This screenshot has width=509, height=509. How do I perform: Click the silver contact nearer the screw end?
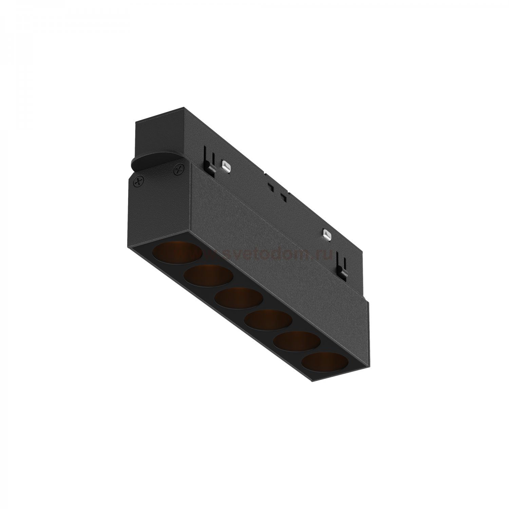[x=225, y=165]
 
